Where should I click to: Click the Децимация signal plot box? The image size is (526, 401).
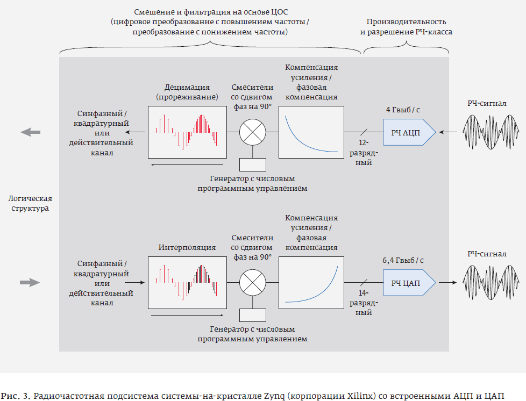tap(186, 132)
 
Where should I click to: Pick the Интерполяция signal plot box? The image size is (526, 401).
tap(186, 282)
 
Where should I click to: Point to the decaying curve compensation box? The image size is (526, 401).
tap(311, 132)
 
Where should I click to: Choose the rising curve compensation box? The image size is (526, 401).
tap(311, 282)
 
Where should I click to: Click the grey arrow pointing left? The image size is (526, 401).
tap(30, 132)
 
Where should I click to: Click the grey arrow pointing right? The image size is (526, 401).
tap(30, 282)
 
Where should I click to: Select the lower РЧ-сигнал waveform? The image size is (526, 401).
tap(491, 282)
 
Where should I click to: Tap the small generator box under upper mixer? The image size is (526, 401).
tap(252, 163)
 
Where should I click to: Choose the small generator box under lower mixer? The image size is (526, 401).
tap(252, 314)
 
